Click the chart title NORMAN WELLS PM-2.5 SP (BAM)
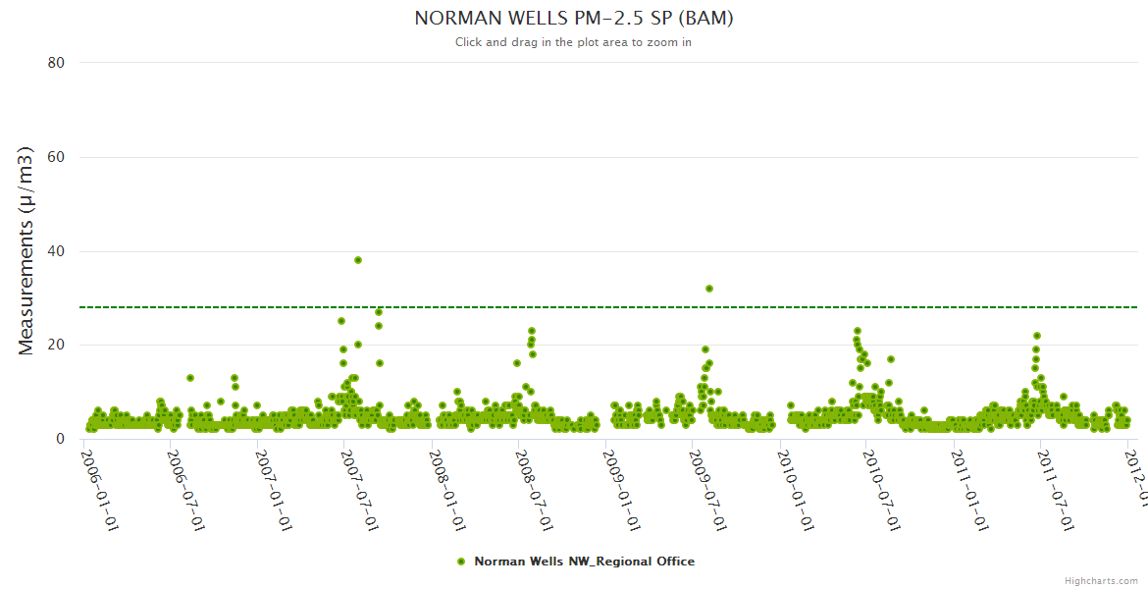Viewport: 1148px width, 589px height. pos(574,19)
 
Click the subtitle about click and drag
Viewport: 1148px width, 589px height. pos(574,42)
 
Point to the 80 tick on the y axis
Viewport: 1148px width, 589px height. pos(56,63)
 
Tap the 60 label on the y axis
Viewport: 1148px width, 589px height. pos(56,157)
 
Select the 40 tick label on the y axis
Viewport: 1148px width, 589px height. pos(56,251)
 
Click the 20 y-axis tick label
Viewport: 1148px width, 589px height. pos(56,345)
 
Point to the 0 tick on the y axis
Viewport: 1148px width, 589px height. pos(60,439)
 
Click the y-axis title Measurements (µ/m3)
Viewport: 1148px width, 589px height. pos(26,250)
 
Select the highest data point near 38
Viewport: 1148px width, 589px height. pos(358,260)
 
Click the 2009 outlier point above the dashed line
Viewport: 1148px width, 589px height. pos(709,289)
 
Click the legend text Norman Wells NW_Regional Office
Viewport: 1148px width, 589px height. pos(584,562)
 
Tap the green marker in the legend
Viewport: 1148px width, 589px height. pos(460,562)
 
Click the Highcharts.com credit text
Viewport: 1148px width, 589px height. pos(1101,580)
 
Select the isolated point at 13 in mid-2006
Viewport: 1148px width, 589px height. pos(190,378)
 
